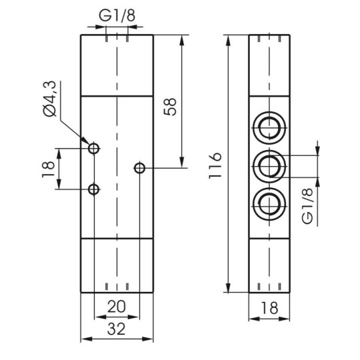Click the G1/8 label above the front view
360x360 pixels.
point(116,14)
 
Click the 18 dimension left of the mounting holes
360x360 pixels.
point(47,168)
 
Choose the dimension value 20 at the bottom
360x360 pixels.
point(115,308)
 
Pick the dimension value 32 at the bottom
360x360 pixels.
point(116,329)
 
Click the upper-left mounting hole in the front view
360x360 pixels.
point(94,147)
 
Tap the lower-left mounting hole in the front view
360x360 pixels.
point(94,189)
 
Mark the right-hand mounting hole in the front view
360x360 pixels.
point(139,168)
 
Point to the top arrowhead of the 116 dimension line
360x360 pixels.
point(229,38)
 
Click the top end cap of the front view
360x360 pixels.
point(117,65)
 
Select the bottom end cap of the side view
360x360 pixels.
point(272,265)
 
